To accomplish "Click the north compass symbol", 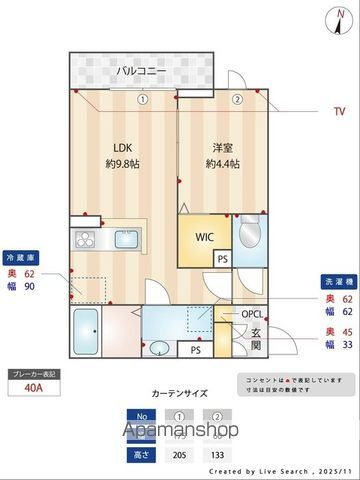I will (x=336, y=17).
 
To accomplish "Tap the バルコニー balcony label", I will (x=139, y=71).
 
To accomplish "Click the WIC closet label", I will (x=204, y=238).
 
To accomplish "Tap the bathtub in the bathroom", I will (x=86, y=328).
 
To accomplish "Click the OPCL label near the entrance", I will (x=253, y=314).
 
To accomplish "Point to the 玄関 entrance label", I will (x=256, y=340).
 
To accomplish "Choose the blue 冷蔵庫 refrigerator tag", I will (x=20, y=255).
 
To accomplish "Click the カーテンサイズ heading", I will (x=180, y=393).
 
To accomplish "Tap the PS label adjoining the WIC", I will (x=221, y=257).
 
